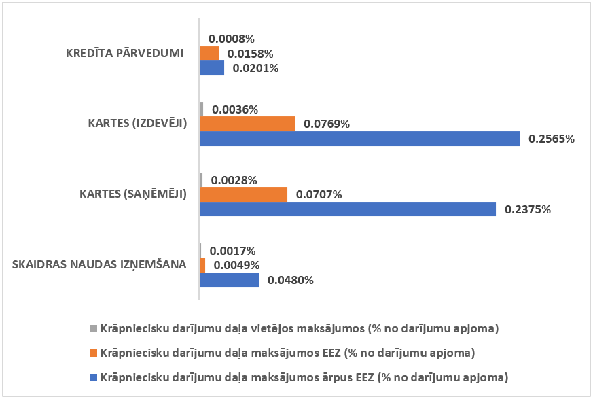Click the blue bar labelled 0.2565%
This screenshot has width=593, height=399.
[x=359, y=139]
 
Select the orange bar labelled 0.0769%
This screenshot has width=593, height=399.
[x=247, y=124]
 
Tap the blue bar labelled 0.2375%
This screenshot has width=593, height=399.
[x=347, y=209]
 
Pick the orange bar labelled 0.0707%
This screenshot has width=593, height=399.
[x=243, y=194]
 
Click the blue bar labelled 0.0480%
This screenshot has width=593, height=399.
[x=229, y=279]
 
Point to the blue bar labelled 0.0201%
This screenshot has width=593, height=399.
[x=211, y=68]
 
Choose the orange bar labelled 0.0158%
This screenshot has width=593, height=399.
[x=209, y=53]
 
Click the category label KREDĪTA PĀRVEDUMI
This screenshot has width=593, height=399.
[x=126, y=53]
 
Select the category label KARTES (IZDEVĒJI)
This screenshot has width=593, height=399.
[x=137, y=124]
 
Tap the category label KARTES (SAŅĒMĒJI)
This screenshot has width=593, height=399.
[x=137, y=194]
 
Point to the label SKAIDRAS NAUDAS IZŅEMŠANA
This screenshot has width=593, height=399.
[x=99, y=264]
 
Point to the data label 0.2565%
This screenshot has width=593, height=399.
[x=552, y=139]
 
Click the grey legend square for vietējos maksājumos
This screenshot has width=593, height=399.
[x=94, y=329]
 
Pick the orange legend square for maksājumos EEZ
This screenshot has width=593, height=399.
[x=94, y=353]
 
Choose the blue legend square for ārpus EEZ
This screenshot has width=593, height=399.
[x=94, y=377]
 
